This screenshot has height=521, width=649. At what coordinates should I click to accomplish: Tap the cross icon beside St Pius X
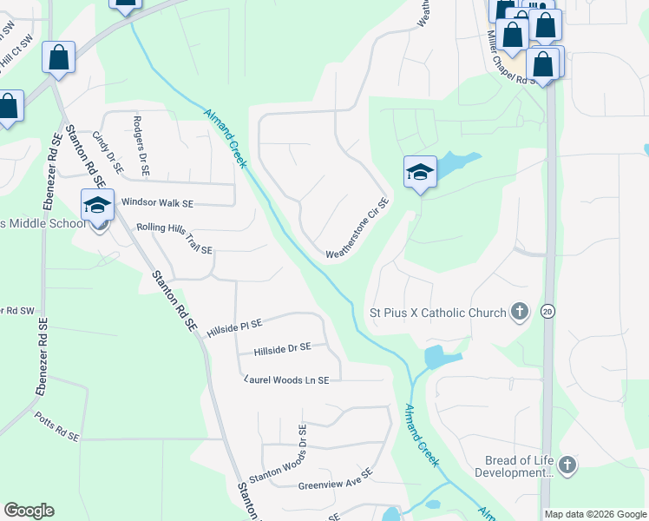[520, 312]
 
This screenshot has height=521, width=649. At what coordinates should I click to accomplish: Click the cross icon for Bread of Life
[567, 465]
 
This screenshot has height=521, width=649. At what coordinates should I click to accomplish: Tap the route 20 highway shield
[547, 311]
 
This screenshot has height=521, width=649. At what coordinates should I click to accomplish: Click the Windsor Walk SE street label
[157, 202]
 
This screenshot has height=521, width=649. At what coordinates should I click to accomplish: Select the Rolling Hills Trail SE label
[174, 238]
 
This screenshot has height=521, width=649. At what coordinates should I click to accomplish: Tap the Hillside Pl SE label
[234, 327]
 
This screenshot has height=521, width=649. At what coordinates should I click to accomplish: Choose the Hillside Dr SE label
[282, 349]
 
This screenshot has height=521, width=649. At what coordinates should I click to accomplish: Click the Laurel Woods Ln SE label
[287, 380]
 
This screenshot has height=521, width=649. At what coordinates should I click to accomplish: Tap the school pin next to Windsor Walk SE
[97, 206]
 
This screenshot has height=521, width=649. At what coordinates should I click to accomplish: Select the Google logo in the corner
[29, 511]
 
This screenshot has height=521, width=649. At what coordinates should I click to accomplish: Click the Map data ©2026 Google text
[594, 514]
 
